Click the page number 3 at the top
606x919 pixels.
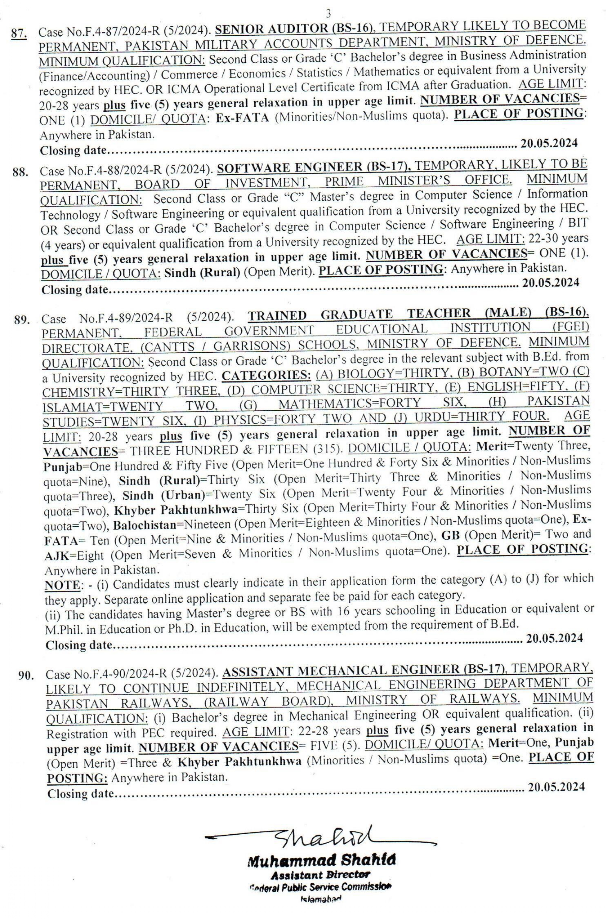pos(328,14)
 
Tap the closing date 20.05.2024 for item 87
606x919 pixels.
pos(549,144)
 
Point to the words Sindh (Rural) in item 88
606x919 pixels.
pos(203,273)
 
